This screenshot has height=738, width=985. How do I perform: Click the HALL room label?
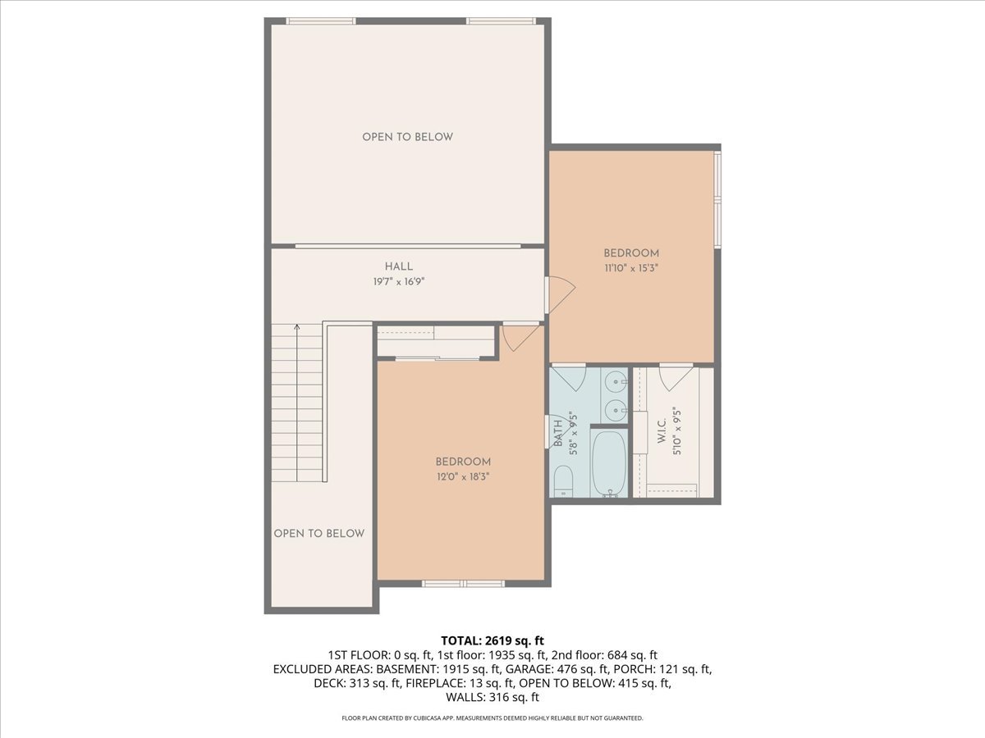point(399,266)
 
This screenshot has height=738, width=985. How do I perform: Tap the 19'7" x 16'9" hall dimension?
point(399,281)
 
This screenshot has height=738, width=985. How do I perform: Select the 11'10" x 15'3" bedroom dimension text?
point(631,267)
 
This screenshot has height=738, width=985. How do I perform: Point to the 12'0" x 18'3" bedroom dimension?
point(463,476)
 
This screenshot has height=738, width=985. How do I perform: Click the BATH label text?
point(558,432)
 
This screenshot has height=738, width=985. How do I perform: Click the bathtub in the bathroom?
point(608,463)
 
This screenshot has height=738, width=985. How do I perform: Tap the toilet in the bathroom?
point(564,481)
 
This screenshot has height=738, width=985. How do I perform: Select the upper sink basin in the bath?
point(615,380)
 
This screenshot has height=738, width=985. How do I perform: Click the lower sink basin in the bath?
point(615,410)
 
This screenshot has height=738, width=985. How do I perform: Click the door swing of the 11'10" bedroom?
point(561,291)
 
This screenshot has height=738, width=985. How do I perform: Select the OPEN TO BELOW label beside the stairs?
point(318,534)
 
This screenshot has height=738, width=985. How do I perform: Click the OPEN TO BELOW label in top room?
point(407,137)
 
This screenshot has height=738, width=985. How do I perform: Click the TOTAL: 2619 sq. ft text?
point(492,640)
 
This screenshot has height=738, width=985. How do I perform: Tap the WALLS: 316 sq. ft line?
point(492,698)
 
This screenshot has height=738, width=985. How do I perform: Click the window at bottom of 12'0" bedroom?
point(463,584)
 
